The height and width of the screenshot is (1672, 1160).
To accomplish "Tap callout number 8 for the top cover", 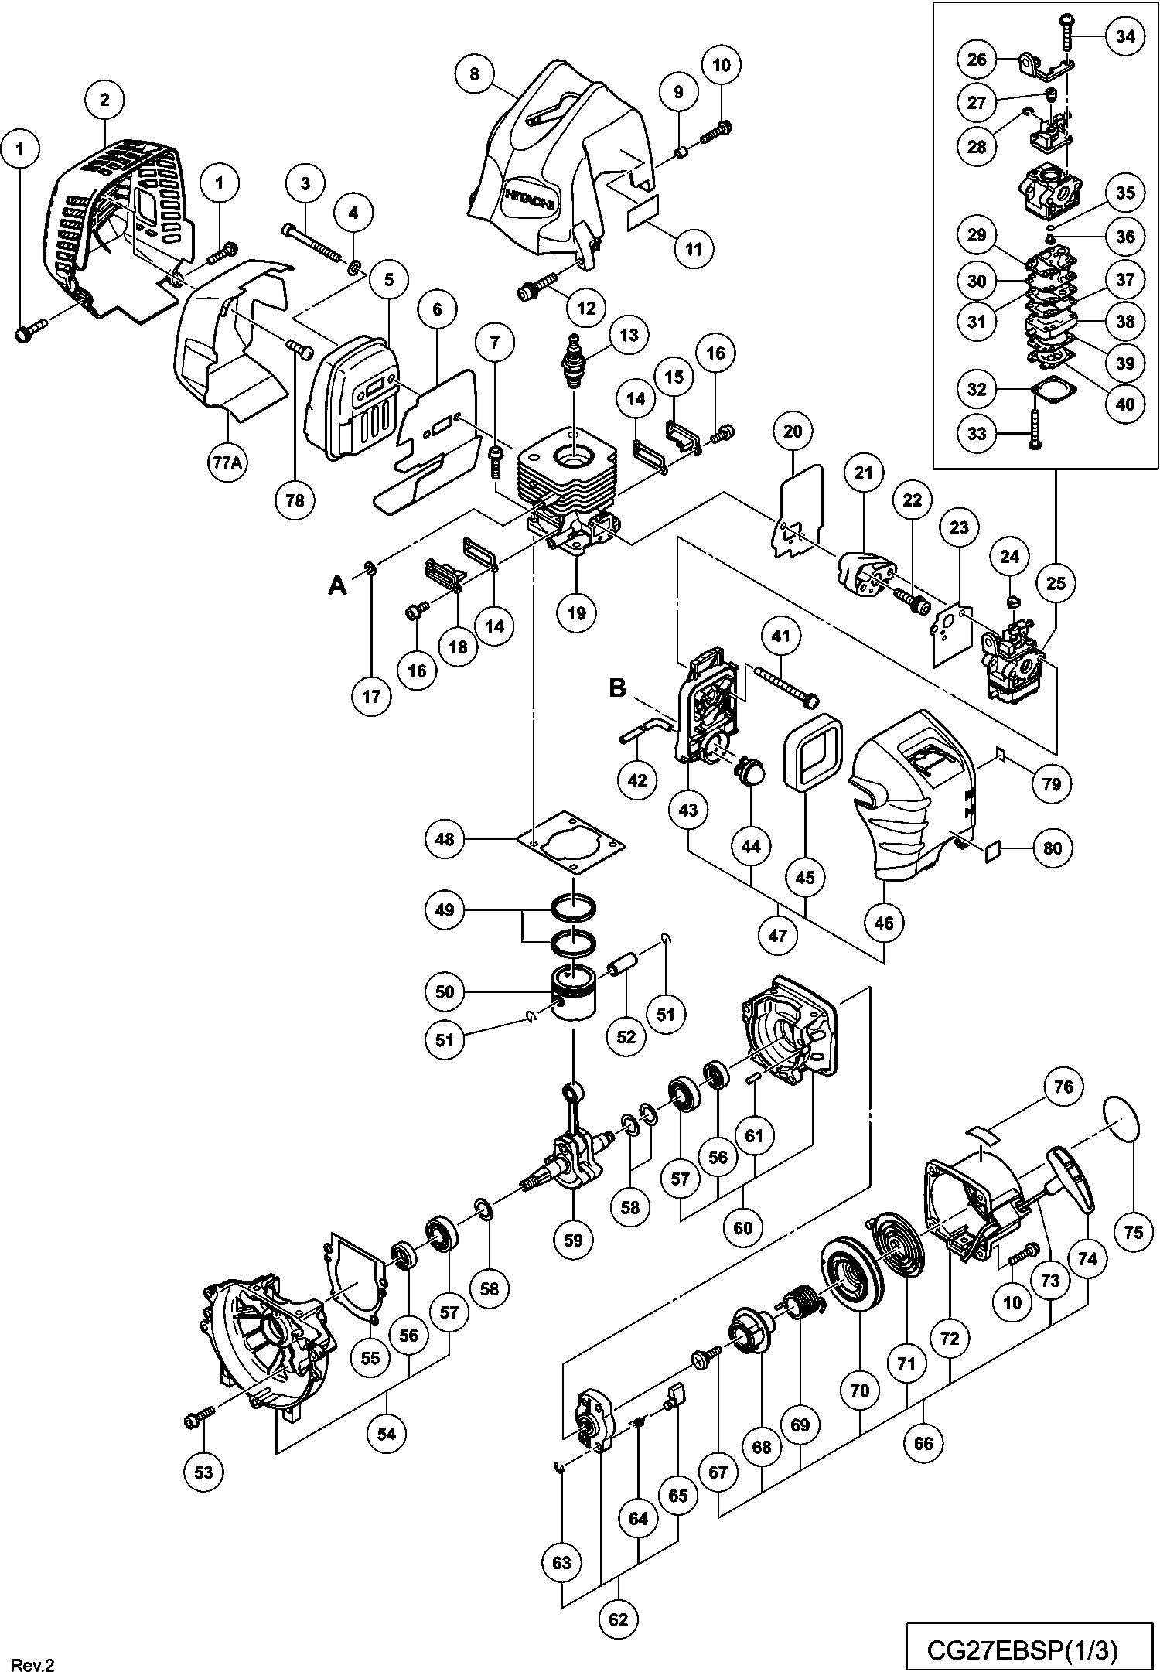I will click(x=474, y=74).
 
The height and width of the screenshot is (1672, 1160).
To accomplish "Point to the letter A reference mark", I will click(x=337, y=585).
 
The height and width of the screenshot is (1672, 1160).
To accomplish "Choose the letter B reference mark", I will click(x=618, y=688).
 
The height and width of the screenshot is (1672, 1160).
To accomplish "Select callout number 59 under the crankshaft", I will click(x=573, y=1239).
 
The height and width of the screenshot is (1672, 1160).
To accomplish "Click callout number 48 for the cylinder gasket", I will click(x=445, y=838).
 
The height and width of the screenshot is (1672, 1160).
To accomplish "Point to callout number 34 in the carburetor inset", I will click(x=1126, y=37).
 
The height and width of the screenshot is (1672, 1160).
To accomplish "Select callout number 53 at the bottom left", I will click(x=203, y=1472).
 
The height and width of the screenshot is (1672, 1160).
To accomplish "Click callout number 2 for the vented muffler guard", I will click(x=104, y=98).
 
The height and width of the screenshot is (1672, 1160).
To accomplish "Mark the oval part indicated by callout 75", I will click(x=1123, y=1118).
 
